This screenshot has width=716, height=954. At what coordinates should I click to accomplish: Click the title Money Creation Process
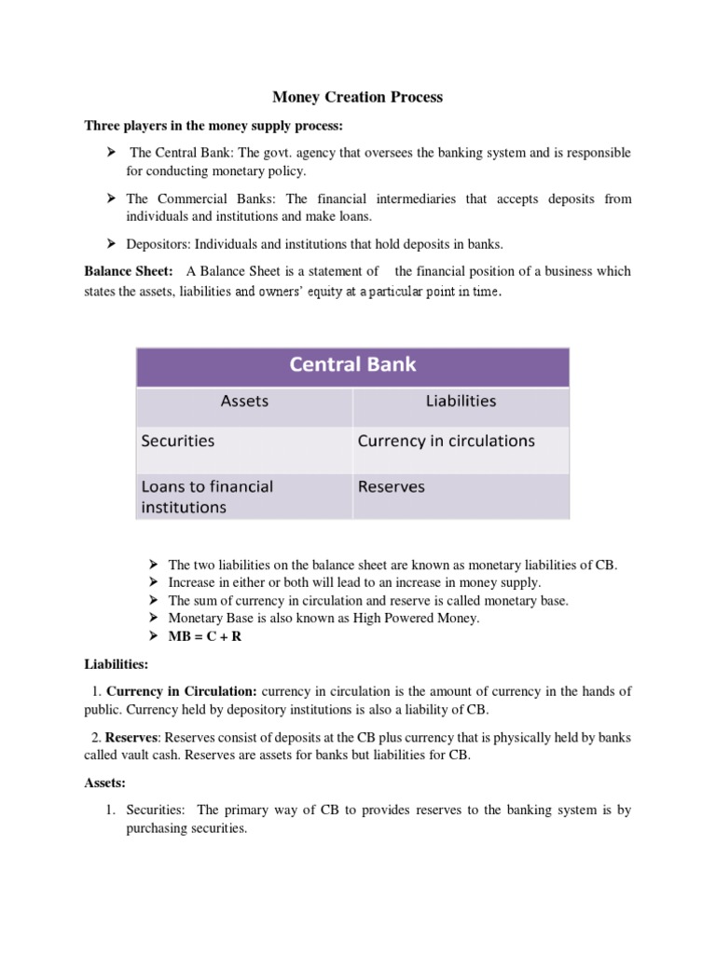coord(357,97)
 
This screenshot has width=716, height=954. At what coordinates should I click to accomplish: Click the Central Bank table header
coord(352,364)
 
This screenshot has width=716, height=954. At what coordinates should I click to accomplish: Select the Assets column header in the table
coord(244,402)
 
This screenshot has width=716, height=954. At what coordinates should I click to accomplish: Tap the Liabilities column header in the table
coord(461,402)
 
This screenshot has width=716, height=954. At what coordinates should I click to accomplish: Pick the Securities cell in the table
coord(177,441)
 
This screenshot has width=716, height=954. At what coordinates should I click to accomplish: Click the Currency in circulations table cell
coord(446,441)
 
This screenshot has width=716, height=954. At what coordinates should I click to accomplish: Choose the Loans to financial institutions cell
coord(207,497)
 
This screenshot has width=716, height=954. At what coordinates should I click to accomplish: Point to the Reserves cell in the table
coord(391,486)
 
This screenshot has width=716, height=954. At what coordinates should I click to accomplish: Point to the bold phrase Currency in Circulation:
coord(182,691)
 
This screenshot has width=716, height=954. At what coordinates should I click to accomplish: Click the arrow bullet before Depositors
coord(110,244)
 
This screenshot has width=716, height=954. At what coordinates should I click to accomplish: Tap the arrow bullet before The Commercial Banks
coord(110,198)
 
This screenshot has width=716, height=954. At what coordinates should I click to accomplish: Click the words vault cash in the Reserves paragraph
coord(139,756)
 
